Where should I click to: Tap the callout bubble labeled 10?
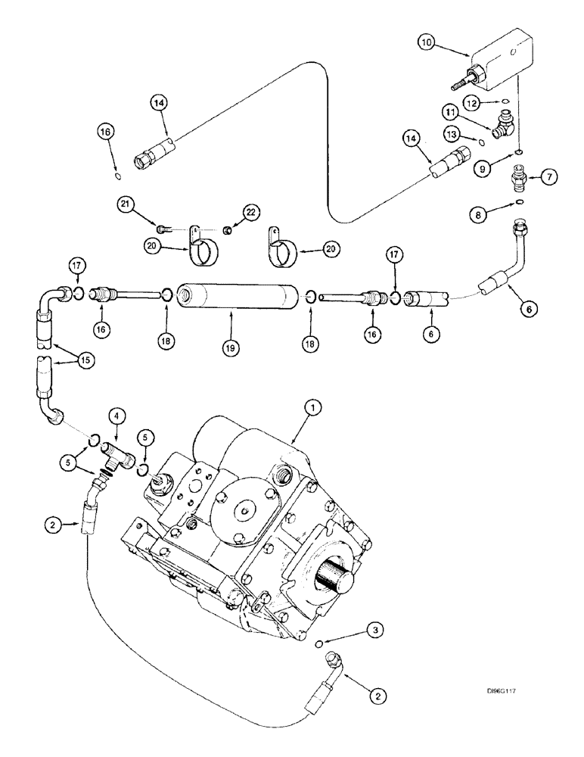[x=427, y=44]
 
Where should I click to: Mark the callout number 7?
[x=548, y=177]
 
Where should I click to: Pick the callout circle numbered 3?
[x=371, y=628]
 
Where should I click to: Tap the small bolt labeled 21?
[x=161, y=228]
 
